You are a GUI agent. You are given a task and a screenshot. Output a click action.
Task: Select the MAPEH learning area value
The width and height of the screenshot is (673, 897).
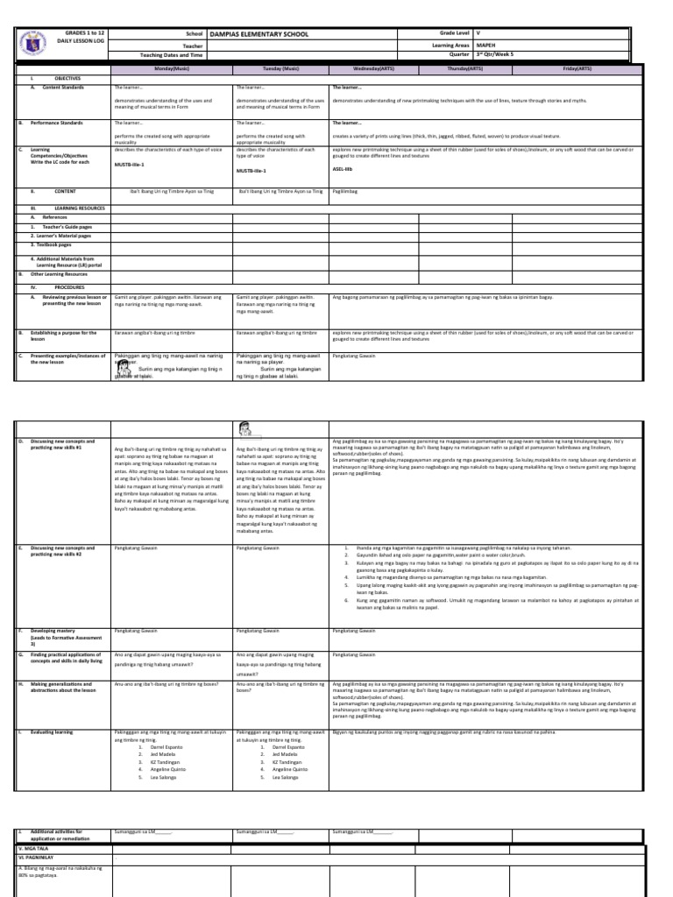pos(486,42)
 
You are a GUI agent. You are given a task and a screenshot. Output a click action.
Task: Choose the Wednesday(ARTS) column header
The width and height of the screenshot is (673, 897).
pos(373,67)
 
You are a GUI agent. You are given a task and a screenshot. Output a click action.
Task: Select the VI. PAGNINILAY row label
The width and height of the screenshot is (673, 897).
pos(39,858)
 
